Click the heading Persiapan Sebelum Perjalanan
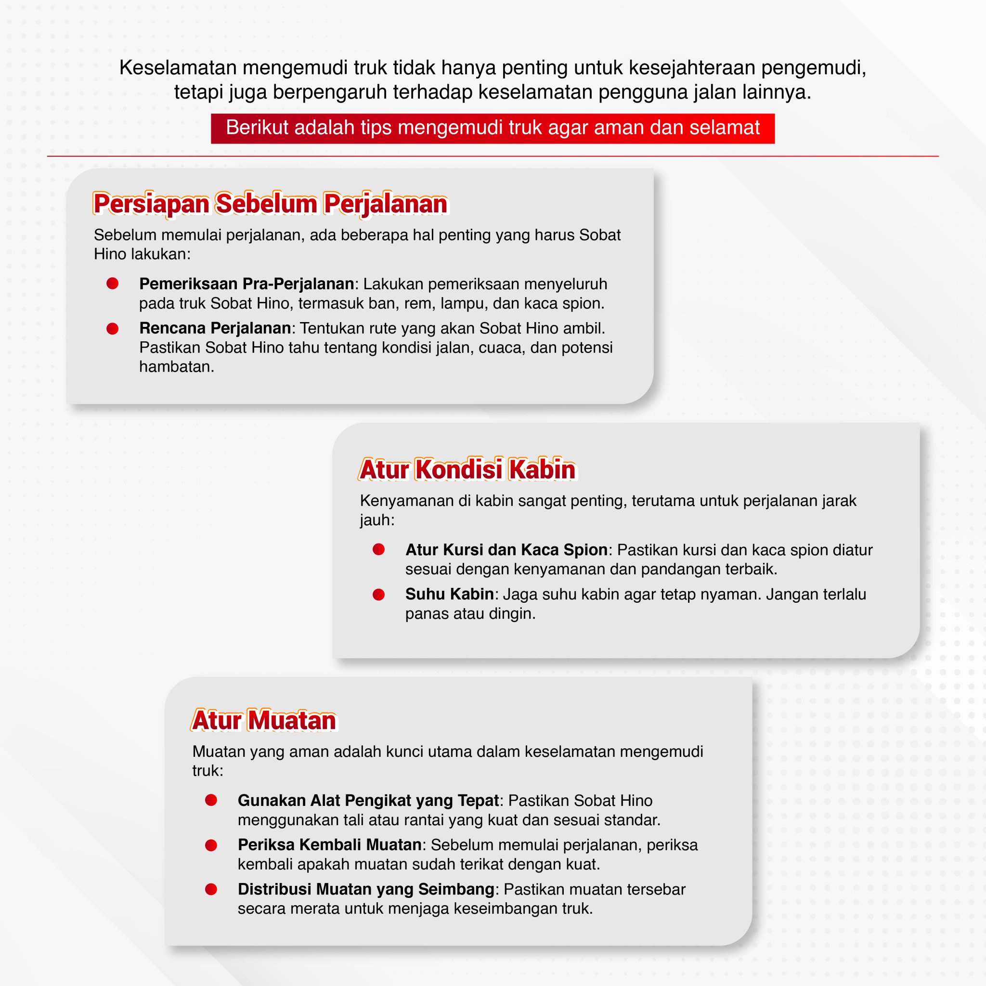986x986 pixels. tap(270, 204)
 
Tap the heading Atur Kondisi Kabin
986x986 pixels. tap(467, 469)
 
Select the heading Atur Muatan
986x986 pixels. tap(264, 720)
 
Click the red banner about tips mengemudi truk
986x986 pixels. tap(493, 128)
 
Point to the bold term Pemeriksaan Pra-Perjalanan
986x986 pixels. tap(246, 284)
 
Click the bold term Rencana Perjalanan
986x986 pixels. tap(215, 328)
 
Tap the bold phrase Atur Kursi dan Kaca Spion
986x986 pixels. tap(506, 550)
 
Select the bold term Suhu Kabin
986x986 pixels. tap(449, 594)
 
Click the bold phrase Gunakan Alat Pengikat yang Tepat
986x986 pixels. tap(368, 800)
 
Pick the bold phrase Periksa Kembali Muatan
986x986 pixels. tap(330, 844)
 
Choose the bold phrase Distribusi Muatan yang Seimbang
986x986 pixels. tap(366, 889)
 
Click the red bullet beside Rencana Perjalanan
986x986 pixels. tap(112, 329)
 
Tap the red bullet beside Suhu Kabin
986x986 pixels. tap(379, 595)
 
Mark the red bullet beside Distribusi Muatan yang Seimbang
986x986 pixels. tap(211, 890)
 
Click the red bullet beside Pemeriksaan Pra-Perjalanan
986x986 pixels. tap(112, 284)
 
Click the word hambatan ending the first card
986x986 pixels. tap(176, 366)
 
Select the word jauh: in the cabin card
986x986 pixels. tap(376, 520)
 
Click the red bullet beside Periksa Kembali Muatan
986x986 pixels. tap(211, 845)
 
